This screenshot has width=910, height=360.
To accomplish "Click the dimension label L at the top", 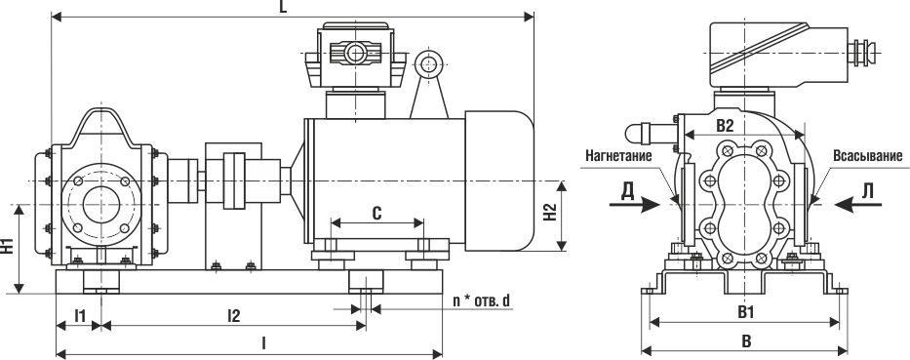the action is (283, 7).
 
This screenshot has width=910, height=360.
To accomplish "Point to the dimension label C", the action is (376, 214).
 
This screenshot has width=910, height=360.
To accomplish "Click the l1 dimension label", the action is (80, 316).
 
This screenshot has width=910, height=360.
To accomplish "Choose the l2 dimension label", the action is (233, 316).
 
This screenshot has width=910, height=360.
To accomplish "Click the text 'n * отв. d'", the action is (482, 300).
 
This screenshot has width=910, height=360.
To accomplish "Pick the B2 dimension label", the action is (725, 126).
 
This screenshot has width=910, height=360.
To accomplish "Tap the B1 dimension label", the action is (746, 312).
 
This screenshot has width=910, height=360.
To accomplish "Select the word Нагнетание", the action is (618, 156).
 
